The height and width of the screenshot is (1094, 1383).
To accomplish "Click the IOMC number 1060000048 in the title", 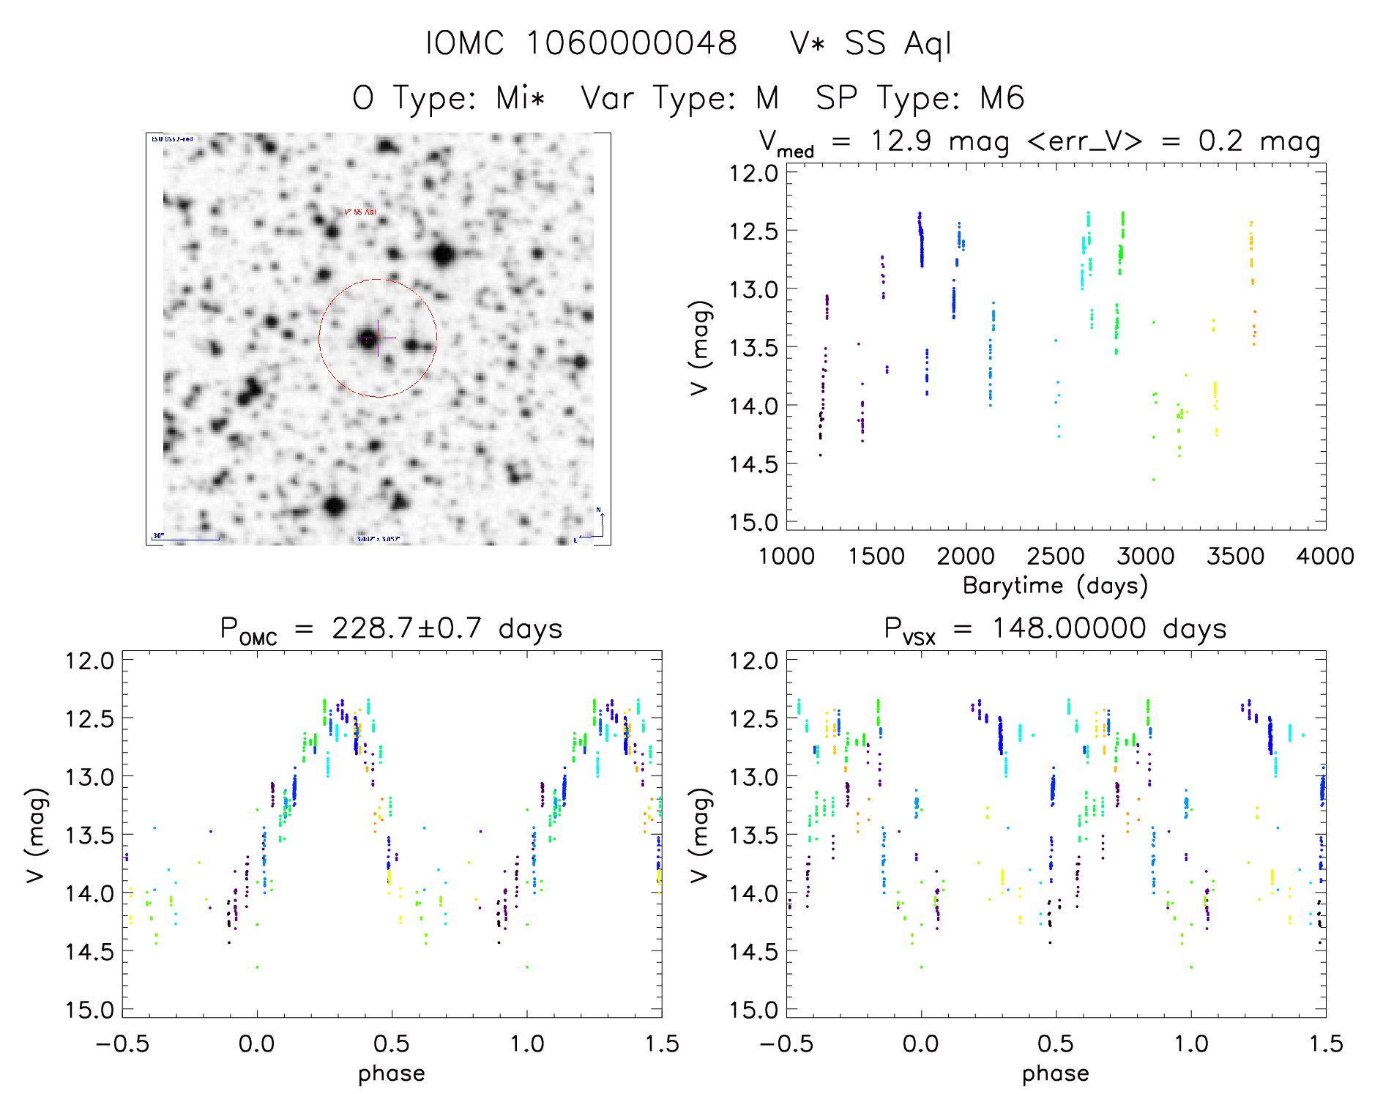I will pyautogui.click(x=631, y=43).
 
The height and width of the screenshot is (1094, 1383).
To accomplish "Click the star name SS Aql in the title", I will pyautogui.click(x=898, y=43).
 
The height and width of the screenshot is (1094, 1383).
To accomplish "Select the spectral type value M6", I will pyautogui.click(x=1002, y=98).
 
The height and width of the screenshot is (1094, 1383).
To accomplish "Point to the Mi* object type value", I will pyautogui.click(x=520, y=98).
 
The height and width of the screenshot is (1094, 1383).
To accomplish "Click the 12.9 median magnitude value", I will pyautogui.click(x=901, y=141).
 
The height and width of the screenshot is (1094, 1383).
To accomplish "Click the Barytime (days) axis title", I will pyautogui.click(x=1055, y=586).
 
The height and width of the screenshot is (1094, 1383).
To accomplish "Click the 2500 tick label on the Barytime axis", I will pyautogui.click(x=1056, y=557).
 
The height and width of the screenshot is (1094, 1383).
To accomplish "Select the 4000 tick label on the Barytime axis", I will pyautogui.click(x=1325, y=557).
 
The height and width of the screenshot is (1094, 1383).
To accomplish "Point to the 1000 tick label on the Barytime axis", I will pyautogui.click(x=786, y=557).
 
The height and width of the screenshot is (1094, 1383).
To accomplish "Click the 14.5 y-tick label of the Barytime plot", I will pyautogui.click(x=753, y=464).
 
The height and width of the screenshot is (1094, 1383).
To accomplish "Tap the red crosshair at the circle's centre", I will pyautogui.click(x=378, y=338).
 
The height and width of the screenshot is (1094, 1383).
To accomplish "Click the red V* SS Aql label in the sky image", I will pyautogui.click(x=360, y=212).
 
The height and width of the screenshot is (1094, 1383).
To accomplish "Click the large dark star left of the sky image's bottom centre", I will pyautogui.click(x=335, y=505).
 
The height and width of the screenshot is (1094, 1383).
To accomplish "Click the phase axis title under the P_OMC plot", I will pyautogui.click(x=391, y=1073).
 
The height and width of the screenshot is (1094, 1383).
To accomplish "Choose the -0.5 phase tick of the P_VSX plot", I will pyautogui.click(x=786, y=1044).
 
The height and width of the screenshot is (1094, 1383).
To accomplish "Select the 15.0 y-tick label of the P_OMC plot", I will pyautogui.click(x=89, y=1010).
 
